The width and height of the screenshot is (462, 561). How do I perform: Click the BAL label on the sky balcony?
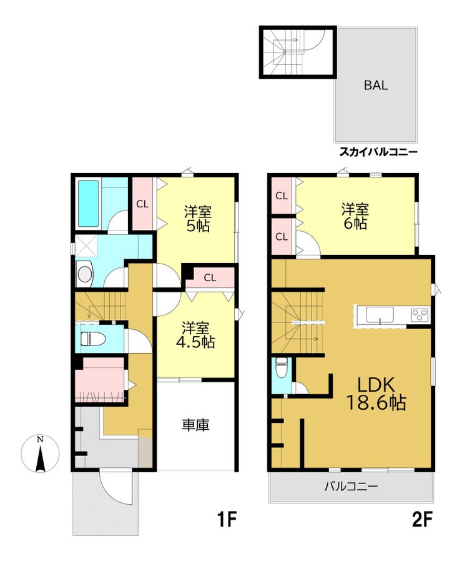[x=375, y=86]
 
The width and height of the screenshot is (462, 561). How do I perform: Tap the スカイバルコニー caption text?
[x=378, y=152]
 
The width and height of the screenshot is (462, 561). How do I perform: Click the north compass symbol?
[x=41, y=454]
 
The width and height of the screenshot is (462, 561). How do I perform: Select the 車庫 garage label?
[x=195, y=425]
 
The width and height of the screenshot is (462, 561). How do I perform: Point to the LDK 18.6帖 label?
[x=376, y=394]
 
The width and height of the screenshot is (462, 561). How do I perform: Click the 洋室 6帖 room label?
[x=355, y=216]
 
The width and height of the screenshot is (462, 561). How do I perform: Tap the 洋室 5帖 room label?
[x=198, y=219]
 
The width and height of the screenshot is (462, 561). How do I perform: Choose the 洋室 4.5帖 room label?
[x=195, y=335]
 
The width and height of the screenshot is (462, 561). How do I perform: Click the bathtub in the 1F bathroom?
[x=88, y=203]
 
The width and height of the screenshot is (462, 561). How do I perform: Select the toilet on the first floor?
[x=92, y=339]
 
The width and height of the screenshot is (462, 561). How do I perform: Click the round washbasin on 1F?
[x=85, y=274]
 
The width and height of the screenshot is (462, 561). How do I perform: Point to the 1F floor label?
[x=227, y=520]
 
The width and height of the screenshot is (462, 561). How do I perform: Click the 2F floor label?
[x=423, y=520]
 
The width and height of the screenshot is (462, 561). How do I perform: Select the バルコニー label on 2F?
[x=351, y=486]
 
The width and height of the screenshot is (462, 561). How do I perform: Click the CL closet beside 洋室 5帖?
[x=142, y=204]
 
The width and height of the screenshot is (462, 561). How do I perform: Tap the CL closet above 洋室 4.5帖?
[x=210, y=277]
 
